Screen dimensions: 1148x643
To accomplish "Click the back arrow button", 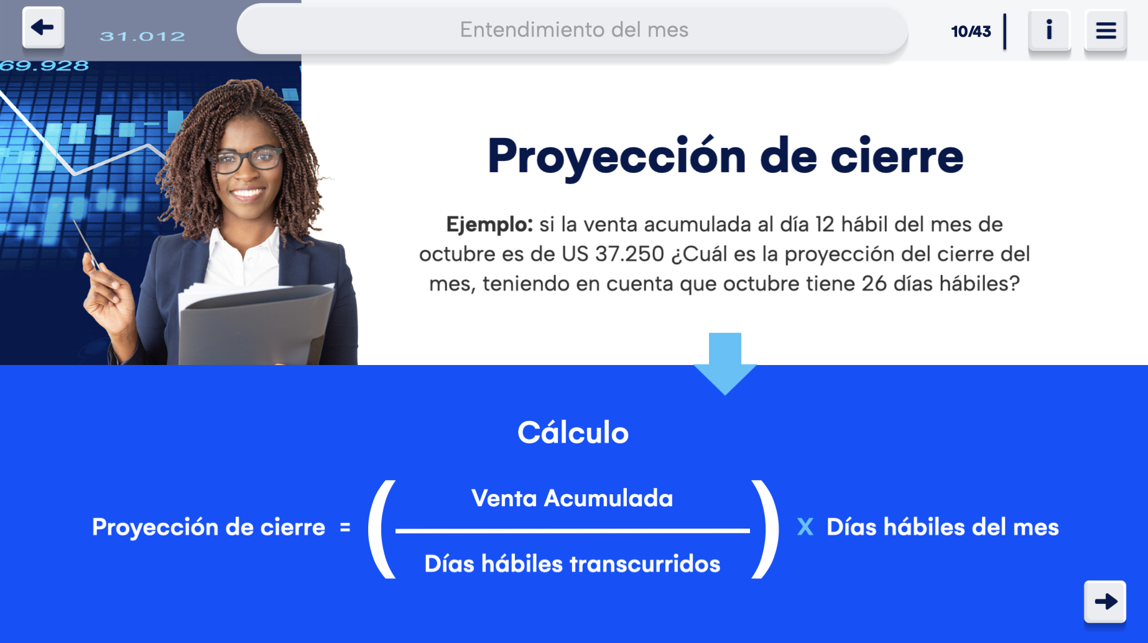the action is pyautogui.click(x=43, y=27).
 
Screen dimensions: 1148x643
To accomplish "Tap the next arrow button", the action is pyautogui.click(x=1105, y=601).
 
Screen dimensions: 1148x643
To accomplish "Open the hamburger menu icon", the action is pyautogui.click(x=1106, y=30).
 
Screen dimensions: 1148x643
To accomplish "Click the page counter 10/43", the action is pyautogui.click(x=971, y=31).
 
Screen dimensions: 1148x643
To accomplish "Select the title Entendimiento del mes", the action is pyautogui.click(x=574, y=29).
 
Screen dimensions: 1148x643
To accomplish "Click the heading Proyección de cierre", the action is pyautogui.click(x=725, y=155).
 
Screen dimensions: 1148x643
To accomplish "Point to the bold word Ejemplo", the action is pyautogui.click(x=489, y=224).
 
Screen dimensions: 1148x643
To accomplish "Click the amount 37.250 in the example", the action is pyautogui.click(x=629, y=254).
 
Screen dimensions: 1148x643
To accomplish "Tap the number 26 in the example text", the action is pyautogui.click(x=874, y=284).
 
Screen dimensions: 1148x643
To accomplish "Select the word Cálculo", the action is pyautogui.click(x=573, y=432).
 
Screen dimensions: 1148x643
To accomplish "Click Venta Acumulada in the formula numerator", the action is pyautogui.click(x=572, y=498).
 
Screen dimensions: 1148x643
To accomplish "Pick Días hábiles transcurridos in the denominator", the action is pyautogui.click(x=572, y=563).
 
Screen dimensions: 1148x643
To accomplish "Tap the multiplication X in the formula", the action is pyautogui.click(x=805, y=527).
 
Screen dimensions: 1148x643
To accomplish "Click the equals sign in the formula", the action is pyautogui.click(x=345, y=527).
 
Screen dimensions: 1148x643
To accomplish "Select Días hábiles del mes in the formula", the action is pyautogui.click(x=942, y=527).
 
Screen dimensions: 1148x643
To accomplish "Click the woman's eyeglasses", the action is pyautogui.click(x=248, y=159).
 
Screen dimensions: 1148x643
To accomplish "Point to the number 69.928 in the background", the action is pyautogui.click(x=44, y=65).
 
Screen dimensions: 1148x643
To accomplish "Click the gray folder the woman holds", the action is pyautogui.click(x=255, y=326).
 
